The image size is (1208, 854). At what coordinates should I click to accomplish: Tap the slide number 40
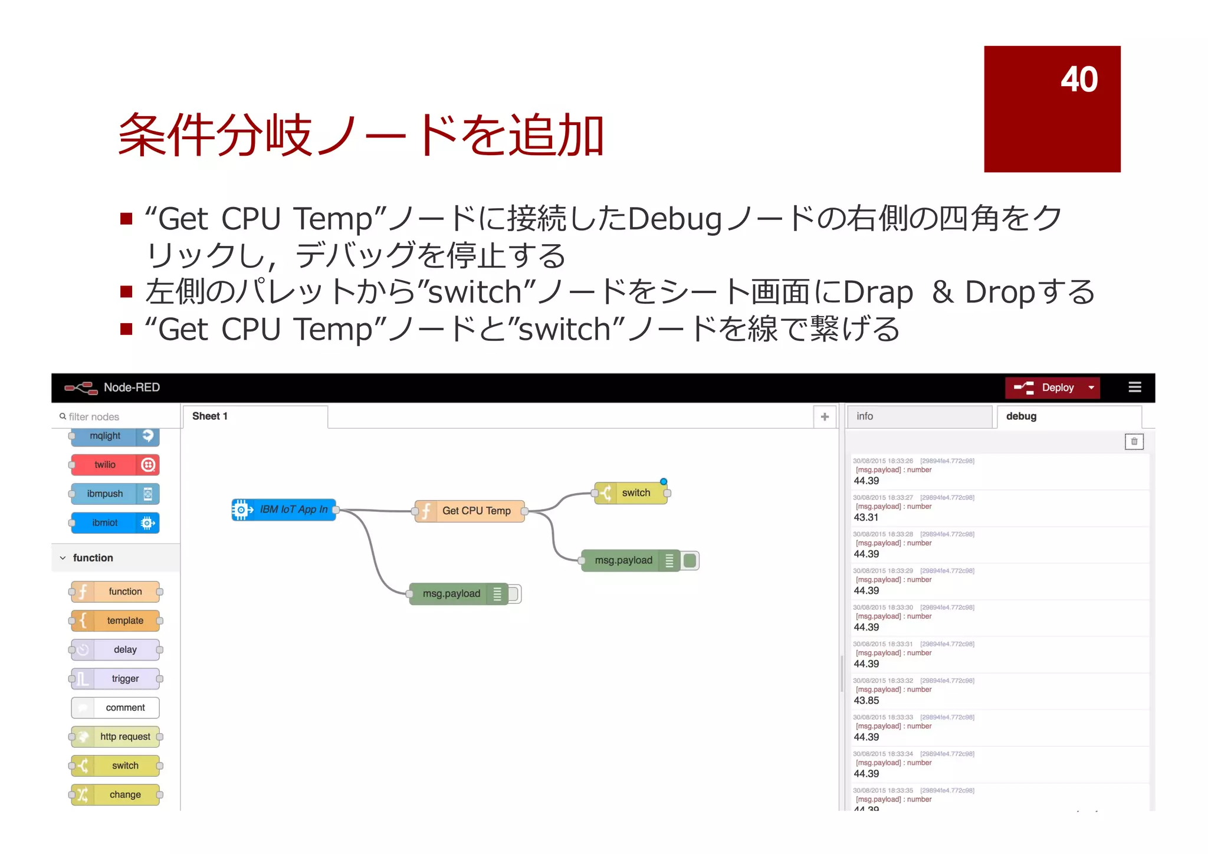1079,79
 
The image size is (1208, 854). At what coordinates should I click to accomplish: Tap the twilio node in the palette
106,465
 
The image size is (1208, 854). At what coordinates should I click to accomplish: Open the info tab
918,416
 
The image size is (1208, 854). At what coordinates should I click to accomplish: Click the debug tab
1068,416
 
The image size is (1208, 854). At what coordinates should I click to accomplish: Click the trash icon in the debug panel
1134,442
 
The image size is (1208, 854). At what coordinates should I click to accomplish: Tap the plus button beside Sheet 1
825,417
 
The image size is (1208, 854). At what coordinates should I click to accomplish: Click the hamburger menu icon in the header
1134,387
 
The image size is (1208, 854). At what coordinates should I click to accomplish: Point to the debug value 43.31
866,517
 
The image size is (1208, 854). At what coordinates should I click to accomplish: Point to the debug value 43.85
866,701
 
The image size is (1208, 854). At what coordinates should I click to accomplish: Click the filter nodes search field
118,417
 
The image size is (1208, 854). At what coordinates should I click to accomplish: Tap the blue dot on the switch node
664,482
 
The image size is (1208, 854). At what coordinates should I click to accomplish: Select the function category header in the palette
93,558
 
